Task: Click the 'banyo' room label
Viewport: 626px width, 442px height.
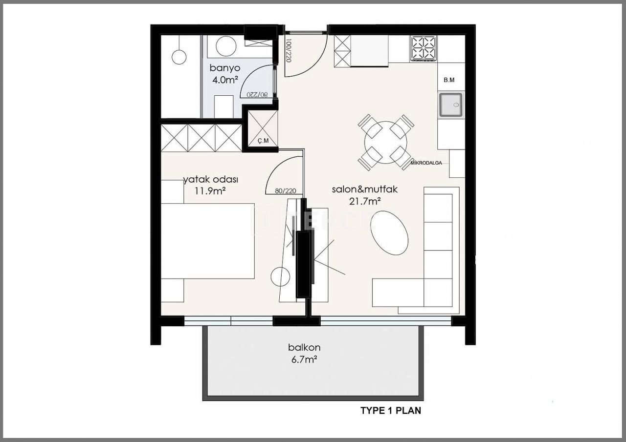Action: [x=224, y=67]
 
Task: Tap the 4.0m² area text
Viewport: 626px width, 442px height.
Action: [x=224, y=79]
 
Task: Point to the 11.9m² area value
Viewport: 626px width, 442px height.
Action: [x=210, y=190]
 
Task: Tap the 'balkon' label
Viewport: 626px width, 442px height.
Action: [x=304, y=348]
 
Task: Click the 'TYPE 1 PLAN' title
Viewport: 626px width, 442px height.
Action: [x=391, y=410]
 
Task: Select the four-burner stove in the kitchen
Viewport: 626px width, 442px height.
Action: [x=424, y=48]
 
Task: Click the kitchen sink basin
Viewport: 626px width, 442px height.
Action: [x=450, y=105]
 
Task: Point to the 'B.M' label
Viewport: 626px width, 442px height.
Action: [x=449, y=80]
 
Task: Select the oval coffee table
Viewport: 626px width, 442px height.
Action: [x=389, y=233]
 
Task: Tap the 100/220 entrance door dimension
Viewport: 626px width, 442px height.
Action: [x=288, y=51]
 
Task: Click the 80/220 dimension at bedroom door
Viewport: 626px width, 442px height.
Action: [x=286, y=191]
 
